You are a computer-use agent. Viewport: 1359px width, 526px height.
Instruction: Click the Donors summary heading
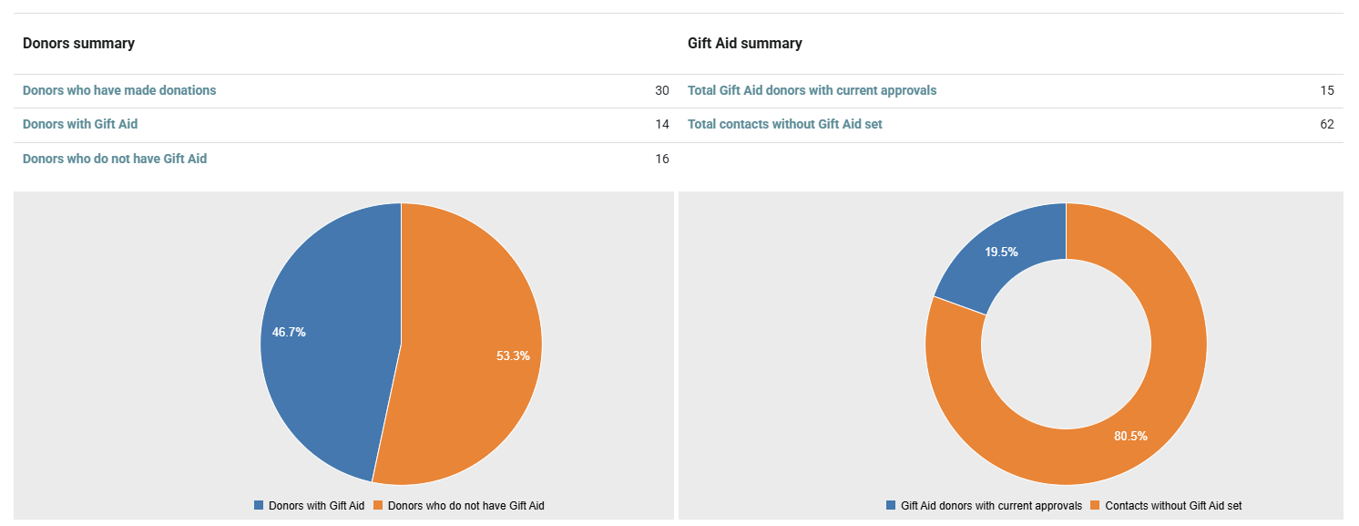(79, 44)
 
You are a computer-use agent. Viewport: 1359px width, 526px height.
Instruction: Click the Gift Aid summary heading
(744, 44)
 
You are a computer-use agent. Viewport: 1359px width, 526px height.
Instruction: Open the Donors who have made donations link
(119, 90)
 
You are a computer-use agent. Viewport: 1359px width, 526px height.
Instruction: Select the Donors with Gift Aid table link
(80, 125)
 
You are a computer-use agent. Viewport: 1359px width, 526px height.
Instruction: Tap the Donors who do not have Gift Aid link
(115, 160)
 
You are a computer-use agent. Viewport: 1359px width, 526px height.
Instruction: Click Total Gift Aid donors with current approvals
(812, 90)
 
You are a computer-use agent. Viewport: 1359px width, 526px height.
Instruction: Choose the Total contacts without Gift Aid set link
(784, 125)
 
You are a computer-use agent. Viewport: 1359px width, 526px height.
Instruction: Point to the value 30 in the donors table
(662, 90)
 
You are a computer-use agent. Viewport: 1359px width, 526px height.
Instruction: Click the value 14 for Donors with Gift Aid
(662, 125)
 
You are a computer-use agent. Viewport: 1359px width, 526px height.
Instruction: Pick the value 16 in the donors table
(662, 160)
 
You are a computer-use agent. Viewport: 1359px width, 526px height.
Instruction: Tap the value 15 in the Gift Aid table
(1327, 90)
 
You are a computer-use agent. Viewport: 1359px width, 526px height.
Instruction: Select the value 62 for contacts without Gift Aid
(1327, 125)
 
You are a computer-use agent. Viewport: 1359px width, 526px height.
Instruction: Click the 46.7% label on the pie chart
(289, 332)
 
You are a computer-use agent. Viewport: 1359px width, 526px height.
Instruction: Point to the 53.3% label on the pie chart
(513, 356)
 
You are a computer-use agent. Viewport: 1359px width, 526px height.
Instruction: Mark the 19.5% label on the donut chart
(1001, 253)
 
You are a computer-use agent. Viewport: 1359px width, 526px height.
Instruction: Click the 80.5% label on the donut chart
(1131, 436)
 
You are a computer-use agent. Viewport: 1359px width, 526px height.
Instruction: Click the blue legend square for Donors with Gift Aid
(259, 505)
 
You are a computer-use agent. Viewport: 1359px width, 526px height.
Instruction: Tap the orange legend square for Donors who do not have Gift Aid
(378, 505)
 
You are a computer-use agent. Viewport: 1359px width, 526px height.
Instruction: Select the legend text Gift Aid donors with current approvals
(991, 506)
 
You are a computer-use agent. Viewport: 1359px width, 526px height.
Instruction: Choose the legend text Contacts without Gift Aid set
(1173, 506)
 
